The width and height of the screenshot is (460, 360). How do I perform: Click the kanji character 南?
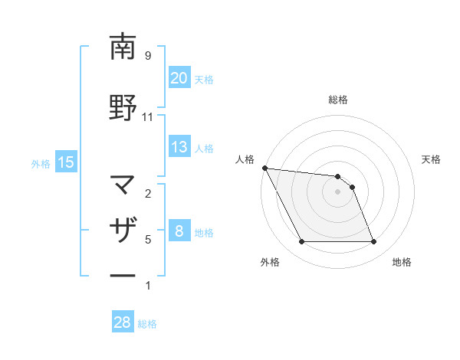[x=123, y=47]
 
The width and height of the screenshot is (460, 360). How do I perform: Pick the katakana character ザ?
[x=123, y=231]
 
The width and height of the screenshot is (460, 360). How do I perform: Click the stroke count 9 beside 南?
[x=147, y=56]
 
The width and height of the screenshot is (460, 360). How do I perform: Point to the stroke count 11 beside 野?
[x=147, y=117]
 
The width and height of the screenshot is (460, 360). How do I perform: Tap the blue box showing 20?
[x=179, y=78]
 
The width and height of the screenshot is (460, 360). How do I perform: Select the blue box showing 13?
[x=179, y=147]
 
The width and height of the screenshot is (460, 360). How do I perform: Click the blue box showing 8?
[x=179, y=231]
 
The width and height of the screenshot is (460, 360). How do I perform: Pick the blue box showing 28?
[x=122, y=322]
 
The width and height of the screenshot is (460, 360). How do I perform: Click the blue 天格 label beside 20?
[x=203, y=79]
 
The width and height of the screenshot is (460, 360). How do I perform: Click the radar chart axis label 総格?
[x=337, y=100]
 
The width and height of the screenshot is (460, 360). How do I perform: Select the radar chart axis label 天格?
[x=431, y=159]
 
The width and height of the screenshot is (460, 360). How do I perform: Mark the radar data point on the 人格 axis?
[x=265, y=168]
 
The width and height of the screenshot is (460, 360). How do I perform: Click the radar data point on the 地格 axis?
[x=373, y=242]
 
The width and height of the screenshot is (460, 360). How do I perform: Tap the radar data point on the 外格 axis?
[x=301, y=242]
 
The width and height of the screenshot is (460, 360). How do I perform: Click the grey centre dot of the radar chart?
[x=337, y=191]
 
